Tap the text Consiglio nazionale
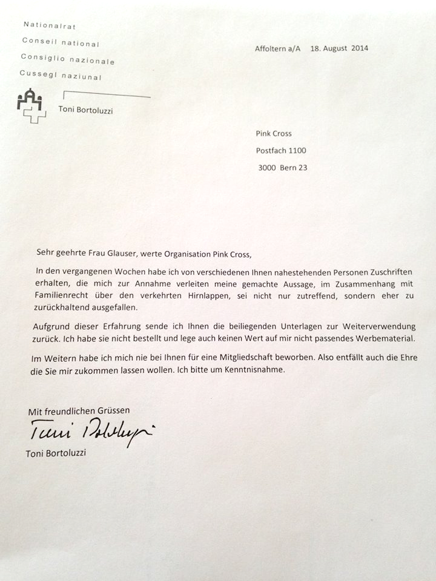[67, 59]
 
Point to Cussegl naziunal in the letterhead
[61, 76]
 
